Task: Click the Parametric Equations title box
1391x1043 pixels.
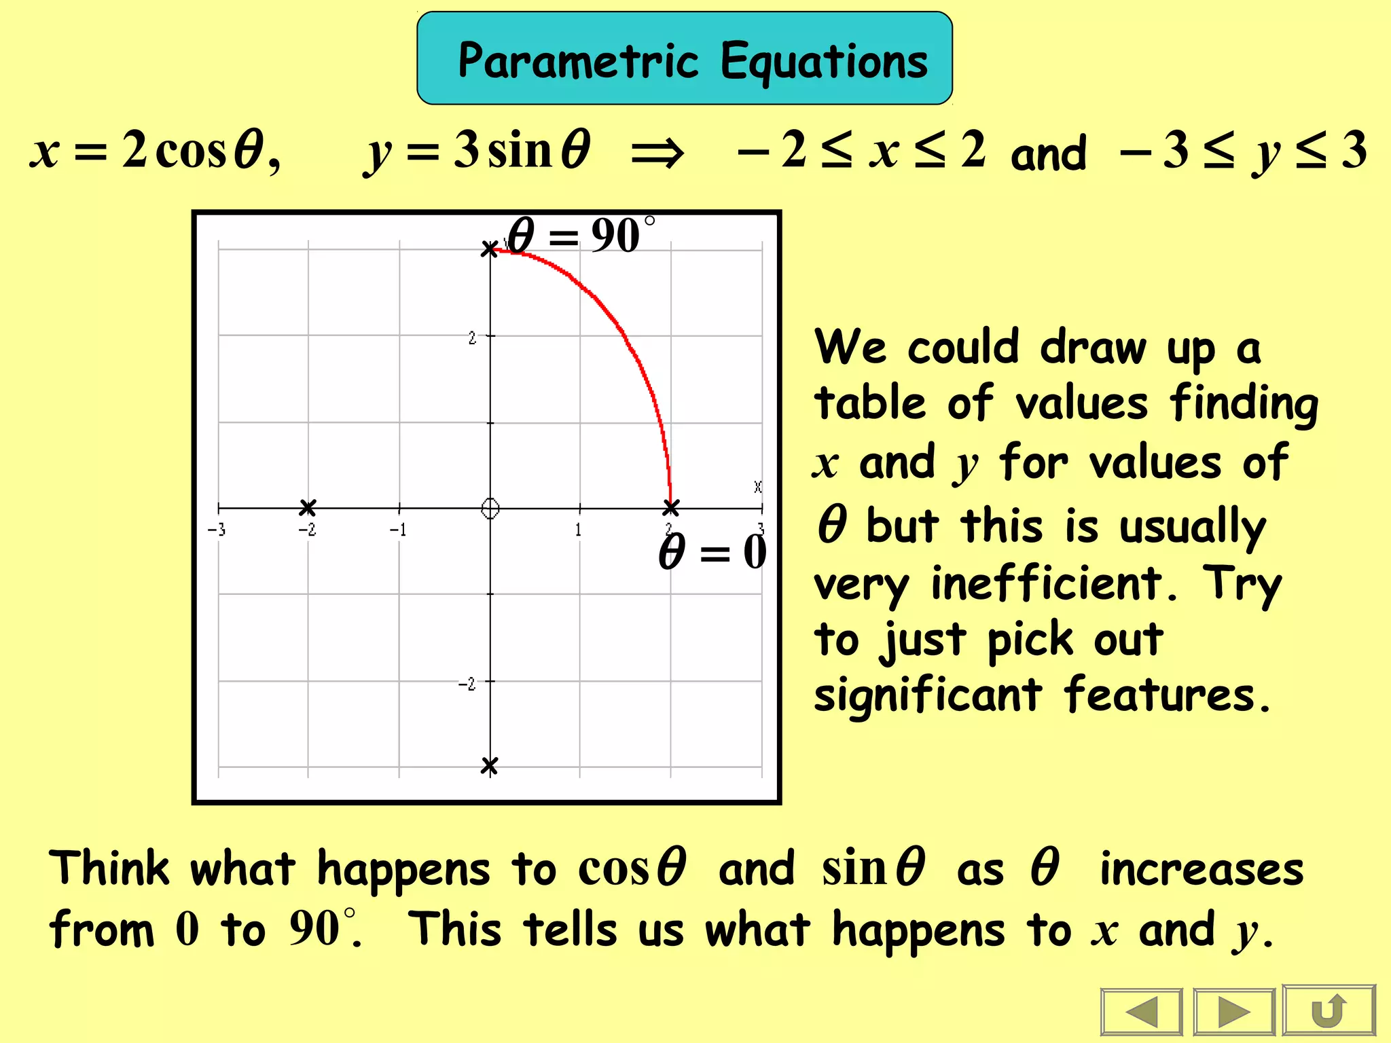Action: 685,58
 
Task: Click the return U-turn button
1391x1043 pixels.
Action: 1329,1011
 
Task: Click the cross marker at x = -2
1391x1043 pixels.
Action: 308,507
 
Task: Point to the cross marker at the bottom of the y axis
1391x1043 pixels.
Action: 489,766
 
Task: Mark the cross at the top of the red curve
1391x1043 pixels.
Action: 489,249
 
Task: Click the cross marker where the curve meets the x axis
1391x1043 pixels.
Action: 671,507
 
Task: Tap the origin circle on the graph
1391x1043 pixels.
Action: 490,508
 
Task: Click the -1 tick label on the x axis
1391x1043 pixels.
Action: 398,530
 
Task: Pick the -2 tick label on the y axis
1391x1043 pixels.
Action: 467,684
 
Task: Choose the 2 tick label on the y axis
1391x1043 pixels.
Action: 472,337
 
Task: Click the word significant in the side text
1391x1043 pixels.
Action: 928,695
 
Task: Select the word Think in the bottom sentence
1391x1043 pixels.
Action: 109,868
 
